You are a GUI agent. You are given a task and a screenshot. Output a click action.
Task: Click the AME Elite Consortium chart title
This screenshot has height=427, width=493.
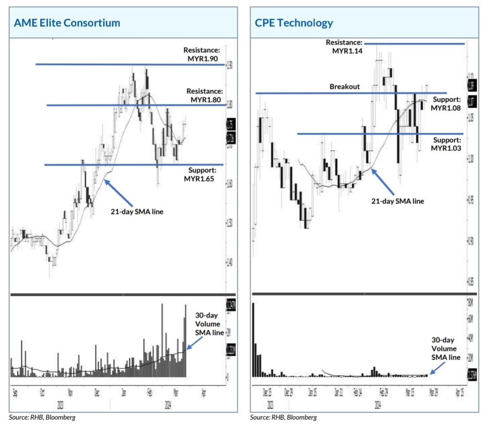coord(67,23)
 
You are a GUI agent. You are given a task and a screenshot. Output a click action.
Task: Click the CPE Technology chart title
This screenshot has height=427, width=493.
coord(292,23)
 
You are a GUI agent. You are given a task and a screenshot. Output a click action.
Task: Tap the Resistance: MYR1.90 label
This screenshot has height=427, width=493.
coord(201,54)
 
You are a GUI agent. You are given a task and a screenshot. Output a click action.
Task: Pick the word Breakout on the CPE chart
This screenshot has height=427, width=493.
coord(345,86)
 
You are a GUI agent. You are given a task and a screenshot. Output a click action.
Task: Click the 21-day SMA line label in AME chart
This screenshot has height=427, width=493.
coord(136,211)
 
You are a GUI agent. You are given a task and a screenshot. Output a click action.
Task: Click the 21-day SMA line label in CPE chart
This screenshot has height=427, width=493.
coord(397,201)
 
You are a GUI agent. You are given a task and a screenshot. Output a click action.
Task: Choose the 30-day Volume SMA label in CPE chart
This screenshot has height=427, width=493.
coord(446,349)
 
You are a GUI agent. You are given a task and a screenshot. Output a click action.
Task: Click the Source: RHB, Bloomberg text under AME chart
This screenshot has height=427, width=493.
coord(42,417)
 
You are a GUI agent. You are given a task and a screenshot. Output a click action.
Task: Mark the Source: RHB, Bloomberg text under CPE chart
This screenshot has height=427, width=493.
coord(283,417)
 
